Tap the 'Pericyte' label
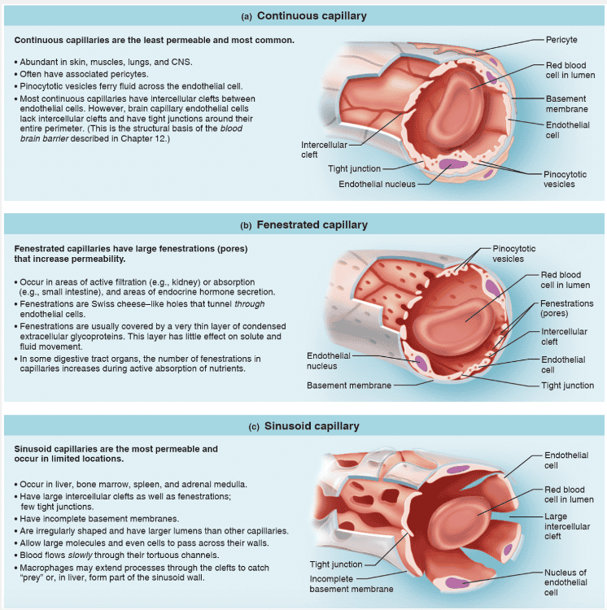562,40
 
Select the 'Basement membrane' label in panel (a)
566,104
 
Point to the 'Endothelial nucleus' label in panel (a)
377,185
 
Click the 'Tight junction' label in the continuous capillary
354,169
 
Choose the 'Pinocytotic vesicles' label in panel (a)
564,179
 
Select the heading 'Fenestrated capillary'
312,224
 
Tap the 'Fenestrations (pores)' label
567,309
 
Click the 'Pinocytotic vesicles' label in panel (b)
513,254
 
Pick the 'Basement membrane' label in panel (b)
349,386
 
